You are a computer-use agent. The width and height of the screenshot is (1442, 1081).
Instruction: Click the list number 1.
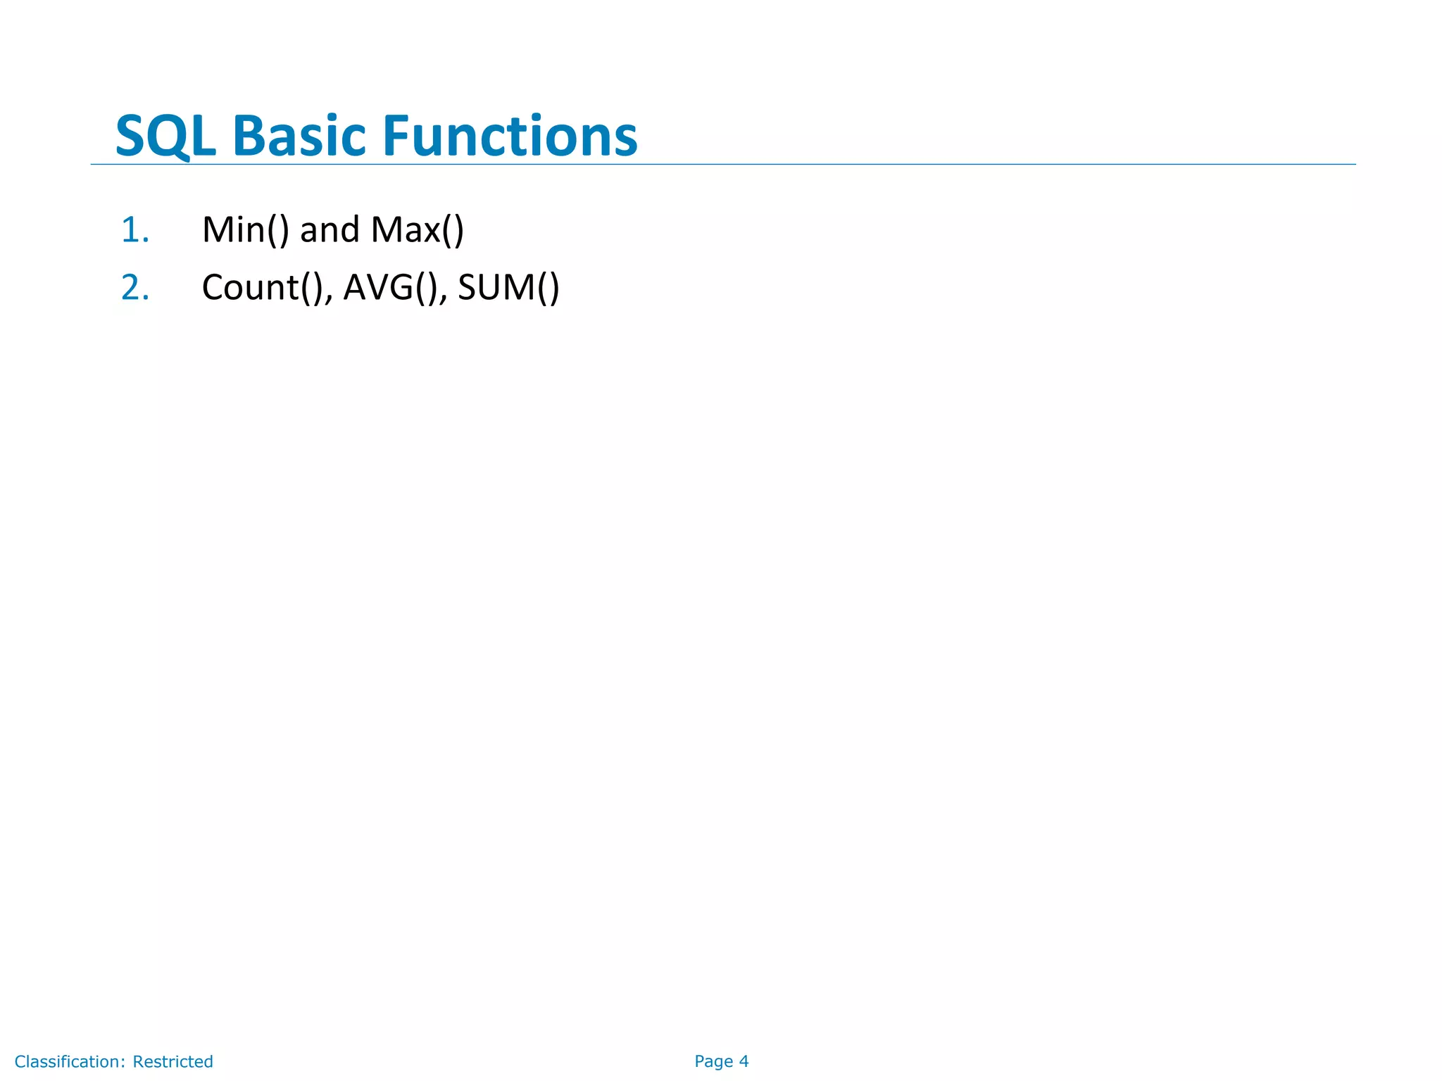[x=134, y=230]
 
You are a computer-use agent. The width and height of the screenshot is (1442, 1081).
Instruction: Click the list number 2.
[x=134, y=288]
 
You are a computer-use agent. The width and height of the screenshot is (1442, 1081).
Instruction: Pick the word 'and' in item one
[x=330, y=230]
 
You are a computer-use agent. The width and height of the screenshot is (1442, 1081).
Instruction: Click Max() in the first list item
[x=417, y=230]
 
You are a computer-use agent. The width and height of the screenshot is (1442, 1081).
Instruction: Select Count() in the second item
[x=262, y=288]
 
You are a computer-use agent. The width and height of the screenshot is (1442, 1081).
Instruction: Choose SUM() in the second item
[x=508, y=288]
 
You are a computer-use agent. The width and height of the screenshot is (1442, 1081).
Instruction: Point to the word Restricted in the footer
[x=173, y=1061]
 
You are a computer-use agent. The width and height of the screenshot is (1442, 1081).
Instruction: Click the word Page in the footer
[x=713, y=1061]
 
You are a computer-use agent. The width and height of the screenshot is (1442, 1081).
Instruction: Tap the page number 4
[x=744, y=1061]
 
